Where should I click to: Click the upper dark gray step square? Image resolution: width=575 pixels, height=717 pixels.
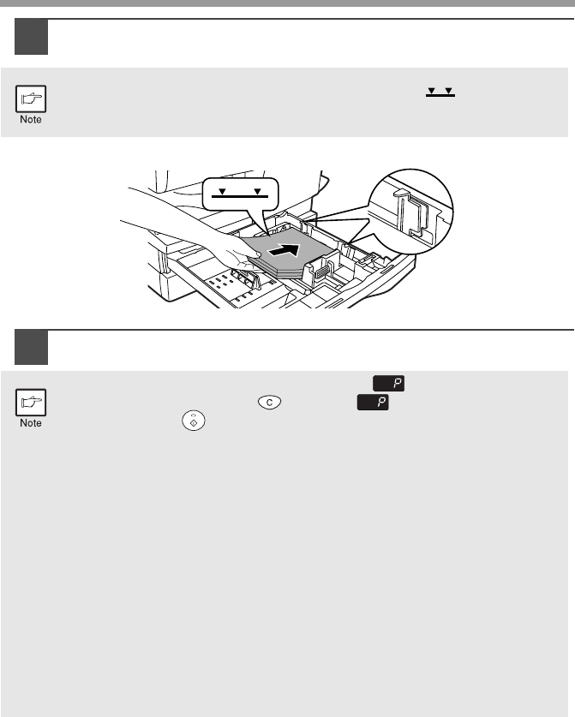tap(31, 37)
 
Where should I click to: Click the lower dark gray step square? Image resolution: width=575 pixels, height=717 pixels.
tap(31, 347)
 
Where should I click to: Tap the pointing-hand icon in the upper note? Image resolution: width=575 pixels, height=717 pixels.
tap(31, 99)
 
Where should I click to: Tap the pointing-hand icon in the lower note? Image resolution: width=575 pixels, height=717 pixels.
tap(31, 403)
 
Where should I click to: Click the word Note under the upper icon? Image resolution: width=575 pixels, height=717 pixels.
tap(31, 119)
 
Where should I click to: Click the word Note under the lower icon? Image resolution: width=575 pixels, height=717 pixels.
tap(31, 423)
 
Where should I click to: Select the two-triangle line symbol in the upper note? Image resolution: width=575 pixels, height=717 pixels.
tap(440, 92)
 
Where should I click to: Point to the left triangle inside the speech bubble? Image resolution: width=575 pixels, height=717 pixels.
tap(222, 192)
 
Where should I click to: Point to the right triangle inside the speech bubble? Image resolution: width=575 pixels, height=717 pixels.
tap(258, 192)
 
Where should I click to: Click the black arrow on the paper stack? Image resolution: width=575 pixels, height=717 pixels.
tap(284, 250)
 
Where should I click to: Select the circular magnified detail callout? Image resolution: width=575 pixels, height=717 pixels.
tap(410, 212)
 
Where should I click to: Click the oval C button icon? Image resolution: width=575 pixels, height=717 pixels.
tap(269, 402)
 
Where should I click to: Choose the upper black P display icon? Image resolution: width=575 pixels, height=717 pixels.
tap(388, 383)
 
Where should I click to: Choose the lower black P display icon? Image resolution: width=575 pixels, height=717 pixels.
tap(373, 402)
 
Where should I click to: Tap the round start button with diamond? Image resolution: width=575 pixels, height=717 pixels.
tap(194, 421)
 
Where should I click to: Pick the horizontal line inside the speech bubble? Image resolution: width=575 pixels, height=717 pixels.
tap(240, 196)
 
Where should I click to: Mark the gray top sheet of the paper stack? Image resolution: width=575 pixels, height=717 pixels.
tap(289, 249)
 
